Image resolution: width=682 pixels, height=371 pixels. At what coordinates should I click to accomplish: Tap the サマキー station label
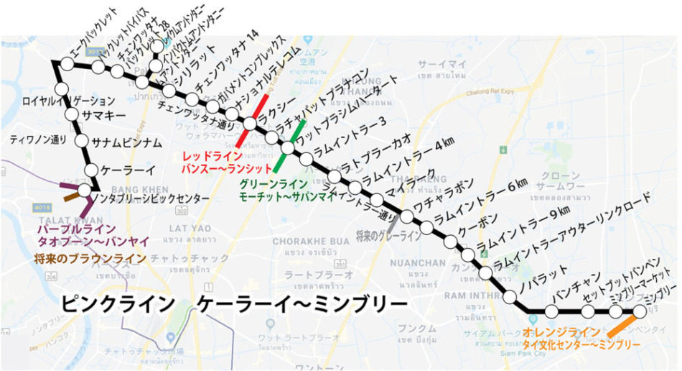[x=105, y=115]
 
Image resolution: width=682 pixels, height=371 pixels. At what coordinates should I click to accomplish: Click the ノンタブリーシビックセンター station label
[x=152, y=198]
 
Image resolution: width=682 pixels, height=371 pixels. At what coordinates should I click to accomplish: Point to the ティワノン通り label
[x=38, y=139]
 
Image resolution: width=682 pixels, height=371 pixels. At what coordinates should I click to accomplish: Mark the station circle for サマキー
[x=71, y=115]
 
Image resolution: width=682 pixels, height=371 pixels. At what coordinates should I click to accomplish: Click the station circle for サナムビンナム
[x=80, y=142]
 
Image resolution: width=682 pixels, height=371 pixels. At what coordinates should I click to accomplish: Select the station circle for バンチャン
[x=551, y=311]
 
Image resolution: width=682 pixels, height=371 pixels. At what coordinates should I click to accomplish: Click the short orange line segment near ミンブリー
[x=620, y=324]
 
